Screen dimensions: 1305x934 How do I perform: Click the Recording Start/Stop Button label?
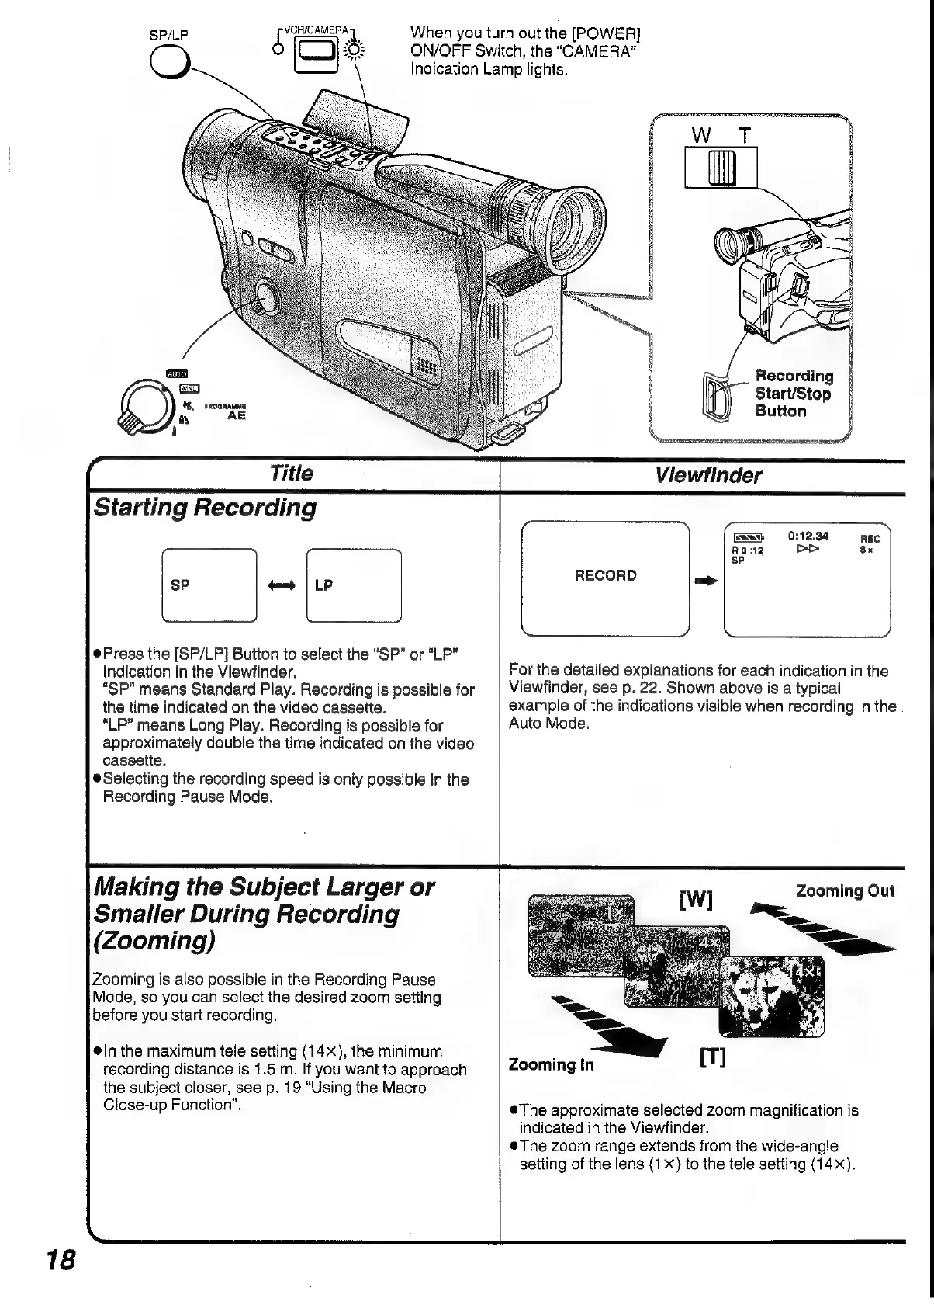pos(794,394)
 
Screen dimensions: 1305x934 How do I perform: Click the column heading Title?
pos(291,474)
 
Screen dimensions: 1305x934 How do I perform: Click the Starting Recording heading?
pos(205,508)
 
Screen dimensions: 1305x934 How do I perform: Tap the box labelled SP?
pos(209,585)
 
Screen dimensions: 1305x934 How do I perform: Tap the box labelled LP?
pos(353,585)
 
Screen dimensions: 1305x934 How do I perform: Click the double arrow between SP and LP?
pos(281,585)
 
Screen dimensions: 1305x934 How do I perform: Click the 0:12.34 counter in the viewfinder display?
pos(808,536)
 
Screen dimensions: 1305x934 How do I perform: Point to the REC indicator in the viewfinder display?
pos(871,538)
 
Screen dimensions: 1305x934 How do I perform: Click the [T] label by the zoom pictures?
pos(712,1057)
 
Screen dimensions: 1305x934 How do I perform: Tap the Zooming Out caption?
pos(845,891)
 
